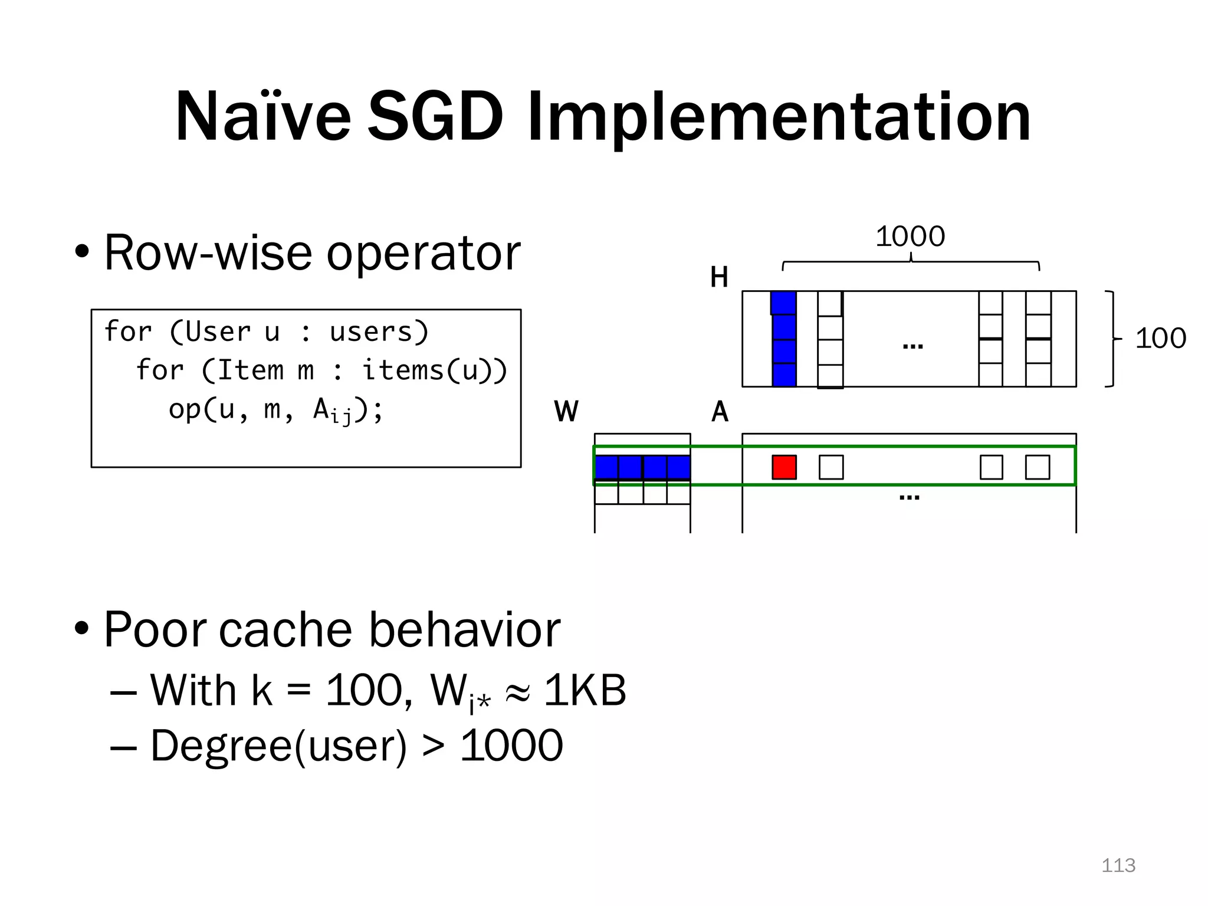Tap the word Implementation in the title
point(779,118)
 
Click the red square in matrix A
point(784,467)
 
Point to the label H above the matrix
point(719,277)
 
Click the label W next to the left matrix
point(566,411)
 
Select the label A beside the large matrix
point(720,411)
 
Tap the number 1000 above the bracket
point(910,237)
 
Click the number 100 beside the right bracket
point(1160,339)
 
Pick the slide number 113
point(1118,865)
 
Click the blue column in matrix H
point(784,339)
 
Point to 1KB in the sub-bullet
point(585,690)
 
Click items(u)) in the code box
point(434,370)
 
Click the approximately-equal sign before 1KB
point(517,691)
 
